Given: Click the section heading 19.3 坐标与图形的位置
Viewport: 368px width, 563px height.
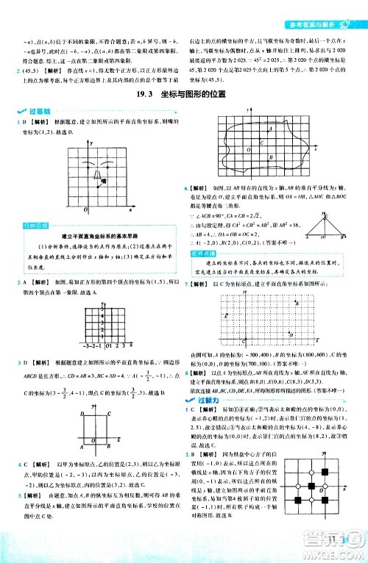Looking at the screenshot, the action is (x=184, y=93).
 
